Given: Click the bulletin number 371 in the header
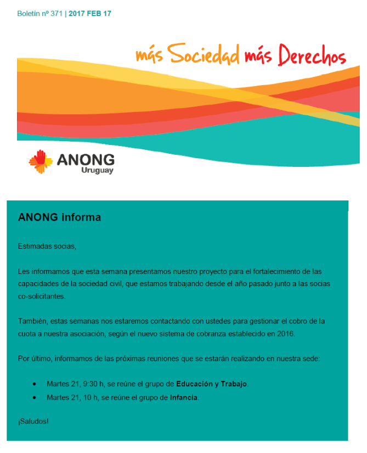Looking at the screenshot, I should click(x=56, y=13).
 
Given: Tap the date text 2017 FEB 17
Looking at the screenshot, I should click(x=90, y=13).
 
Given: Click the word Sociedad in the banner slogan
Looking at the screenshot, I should click(x=203, y=54).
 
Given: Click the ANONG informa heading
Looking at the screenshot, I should click(x=59, y=217).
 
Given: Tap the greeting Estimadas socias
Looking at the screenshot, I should click(x=47, y=246).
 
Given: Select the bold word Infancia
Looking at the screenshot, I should click(x=184, y=397).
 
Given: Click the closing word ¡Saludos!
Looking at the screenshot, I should click(x=33, y=421).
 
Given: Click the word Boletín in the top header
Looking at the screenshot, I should click(x=29, y=13).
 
